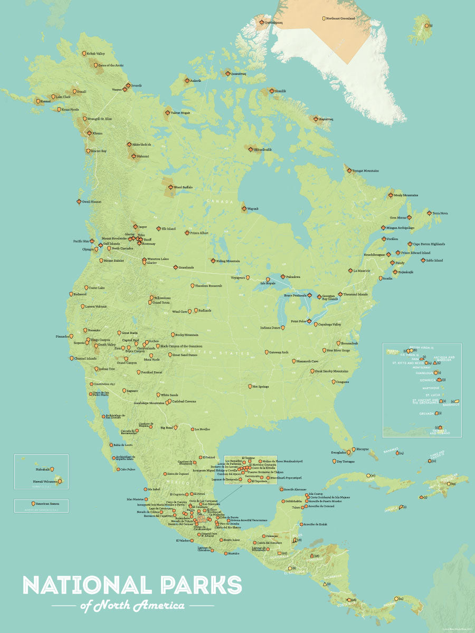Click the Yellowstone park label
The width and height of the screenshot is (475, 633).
pos(162,298)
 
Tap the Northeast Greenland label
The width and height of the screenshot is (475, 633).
pos(341,18)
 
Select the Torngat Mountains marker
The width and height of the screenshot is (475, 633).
pos(349,170)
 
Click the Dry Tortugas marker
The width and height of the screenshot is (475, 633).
pos(333,462)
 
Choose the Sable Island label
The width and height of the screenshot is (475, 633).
pos(434,260)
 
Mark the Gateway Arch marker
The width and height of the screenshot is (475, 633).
pos(266,352)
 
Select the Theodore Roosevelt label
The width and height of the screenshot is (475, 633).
pos(208,285)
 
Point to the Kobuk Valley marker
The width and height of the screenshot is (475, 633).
pos(83,53)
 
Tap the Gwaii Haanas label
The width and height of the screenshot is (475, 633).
pos(92,202)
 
